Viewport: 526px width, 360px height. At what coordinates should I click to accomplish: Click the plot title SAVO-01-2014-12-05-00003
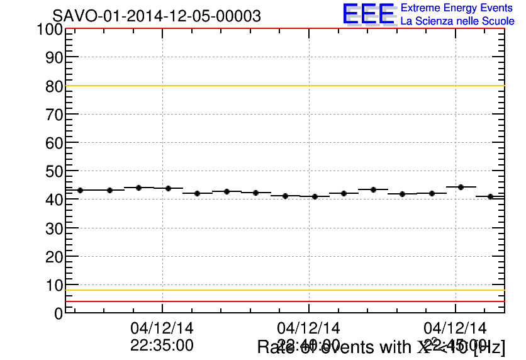click(x=157, y=16)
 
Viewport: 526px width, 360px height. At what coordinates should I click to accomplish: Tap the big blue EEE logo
click(x=369, y=14)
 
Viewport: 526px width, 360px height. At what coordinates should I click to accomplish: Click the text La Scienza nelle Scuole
click(x=457, y=21)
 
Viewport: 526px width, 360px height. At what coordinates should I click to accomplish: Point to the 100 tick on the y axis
click(x=48, y=30)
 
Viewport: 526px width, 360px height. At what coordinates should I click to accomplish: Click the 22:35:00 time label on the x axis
click(x=162, y=345)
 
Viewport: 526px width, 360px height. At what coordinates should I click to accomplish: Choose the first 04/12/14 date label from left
click(x=162, y=328)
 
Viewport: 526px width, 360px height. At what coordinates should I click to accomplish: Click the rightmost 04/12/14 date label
click(x=455, y=328)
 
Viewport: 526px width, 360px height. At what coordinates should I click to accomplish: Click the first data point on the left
click(x=80, y=190)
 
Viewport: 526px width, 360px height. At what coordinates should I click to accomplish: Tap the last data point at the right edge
click(x=490, y=196)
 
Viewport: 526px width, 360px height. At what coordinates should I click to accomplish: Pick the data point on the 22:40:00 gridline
click(x=315, y=196)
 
